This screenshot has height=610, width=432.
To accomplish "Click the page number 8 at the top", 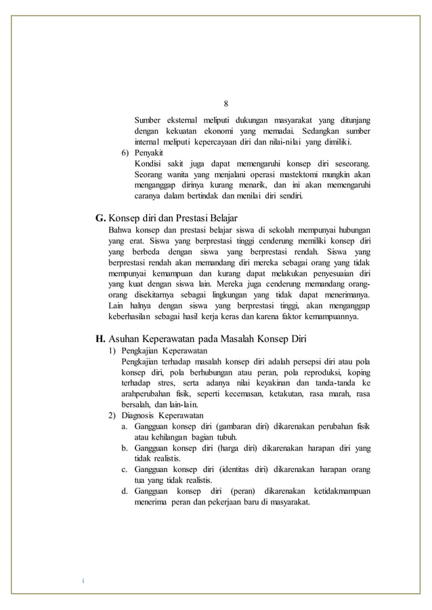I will click(226, 103).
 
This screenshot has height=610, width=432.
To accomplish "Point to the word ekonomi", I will click(228, 131).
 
